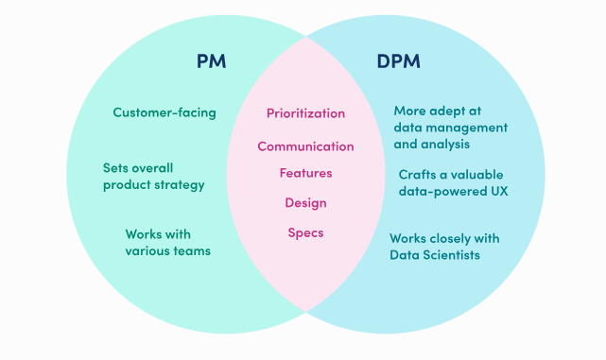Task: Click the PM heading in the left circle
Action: pyautogui.click(x=211, y=62)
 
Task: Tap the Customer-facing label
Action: pyautogui.click(x=164, y=112)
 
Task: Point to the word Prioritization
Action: pyautogui.click(x=305, y=113)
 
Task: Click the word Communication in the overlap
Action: pyautogui.click(x=305, y=146)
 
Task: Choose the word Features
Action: pyautogui.click(x=305, y=173)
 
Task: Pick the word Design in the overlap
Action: pyautogui.click(x=305, y=202)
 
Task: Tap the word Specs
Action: pyautogui.click(x=305, y=232)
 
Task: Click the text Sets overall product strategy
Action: pyautogui.click(x=153, y=176)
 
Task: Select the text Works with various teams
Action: pyautogui.click(x=167, y=242)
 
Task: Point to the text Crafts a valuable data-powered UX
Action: pyautogui.click(x=451, y=183)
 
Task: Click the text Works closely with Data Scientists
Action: pyautogui.click(x=444, y=247)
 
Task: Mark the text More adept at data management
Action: pyautogui.click(x=450, y=119)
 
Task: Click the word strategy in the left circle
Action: pyautogui.click(x=181, y=185)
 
